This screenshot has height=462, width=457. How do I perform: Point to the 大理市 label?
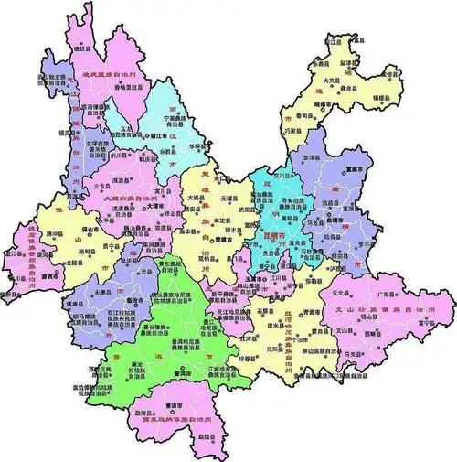[156, 207]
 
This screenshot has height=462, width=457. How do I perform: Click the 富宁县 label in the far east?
[421, 322]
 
